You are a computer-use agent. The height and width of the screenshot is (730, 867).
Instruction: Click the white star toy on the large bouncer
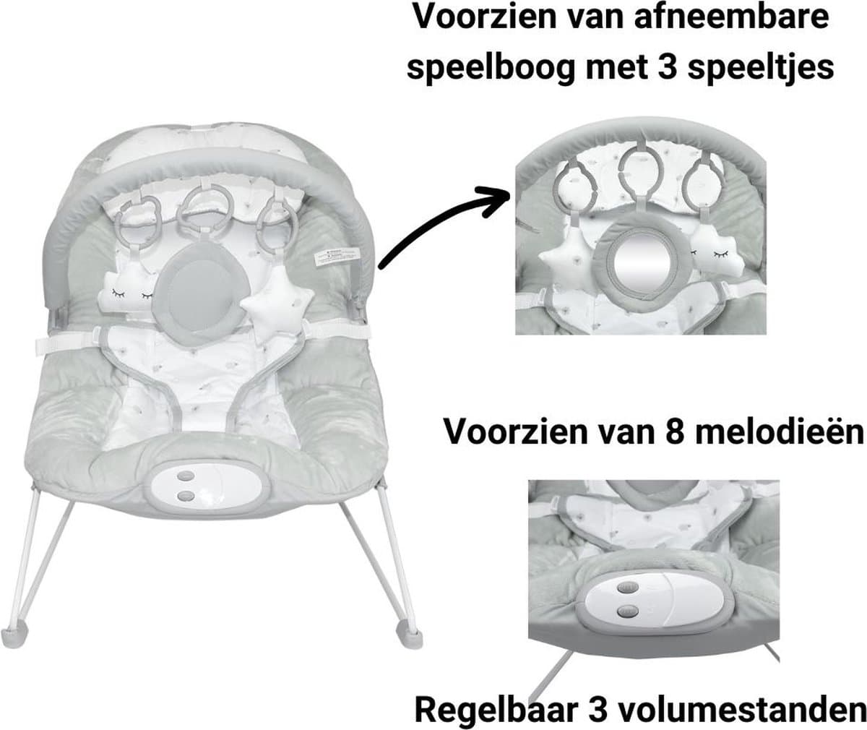277,306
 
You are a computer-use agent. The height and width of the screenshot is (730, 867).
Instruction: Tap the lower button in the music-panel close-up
627,611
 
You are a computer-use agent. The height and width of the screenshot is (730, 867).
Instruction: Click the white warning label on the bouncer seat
337,257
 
